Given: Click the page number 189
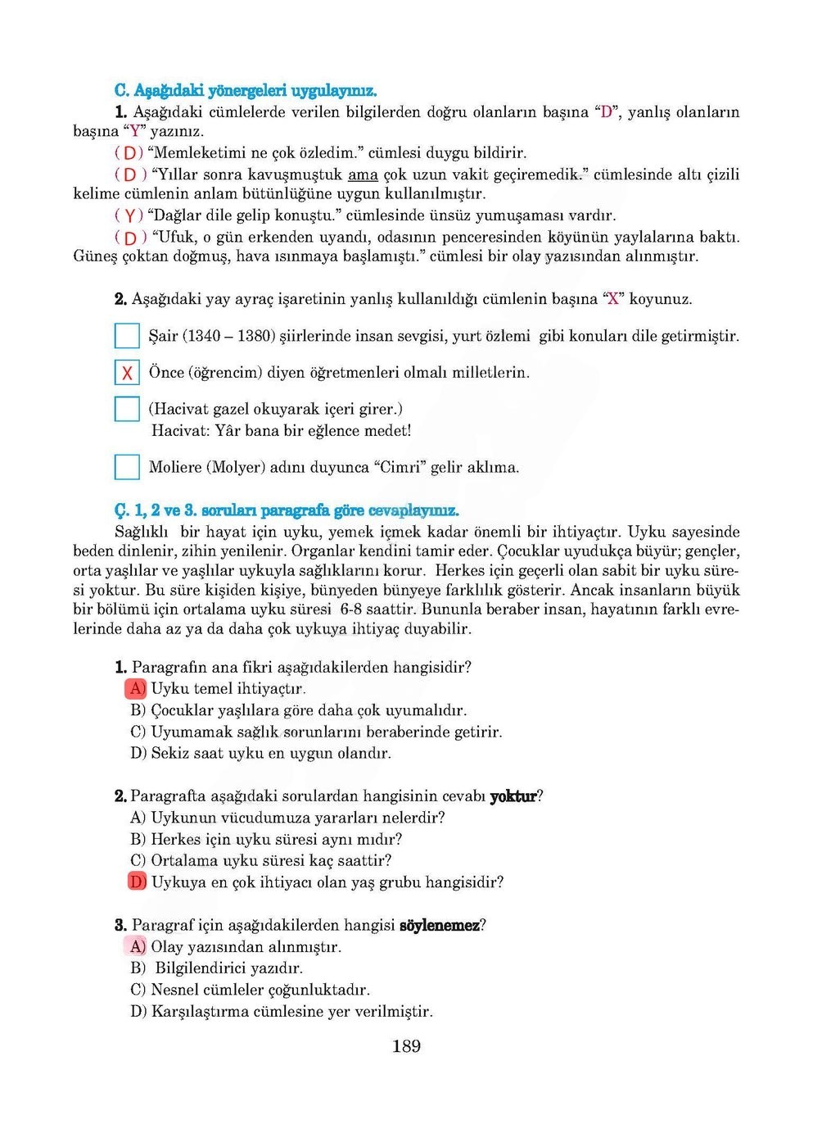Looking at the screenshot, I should tap(406, 1046).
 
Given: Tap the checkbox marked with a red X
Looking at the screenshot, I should tap(127, 373).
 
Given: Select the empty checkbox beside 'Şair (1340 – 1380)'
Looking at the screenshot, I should tap(127, 336).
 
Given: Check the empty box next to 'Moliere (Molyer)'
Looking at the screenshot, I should tap(127, 467).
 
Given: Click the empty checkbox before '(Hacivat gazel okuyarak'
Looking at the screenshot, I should tap(127, 409).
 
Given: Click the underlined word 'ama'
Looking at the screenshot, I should tap(363, 175).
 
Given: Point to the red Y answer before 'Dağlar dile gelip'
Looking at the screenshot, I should tap(129, 216).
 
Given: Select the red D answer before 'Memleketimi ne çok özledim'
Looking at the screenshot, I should tap(129, 153).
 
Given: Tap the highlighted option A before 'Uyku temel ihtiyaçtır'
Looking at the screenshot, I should tap(136, 689).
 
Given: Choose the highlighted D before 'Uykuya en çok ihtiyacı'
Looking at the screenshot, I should tap(137, 882).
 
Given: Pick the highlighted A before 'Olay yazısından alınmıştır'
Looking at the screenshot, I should tap(136, 947).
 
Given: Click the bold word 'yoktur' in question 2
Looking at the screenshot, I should tap(513, 796).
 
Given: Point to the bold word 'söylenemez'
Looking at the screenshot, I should tap(440, 926).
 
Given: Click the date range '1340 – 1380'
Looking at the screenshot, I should tap(229, 336).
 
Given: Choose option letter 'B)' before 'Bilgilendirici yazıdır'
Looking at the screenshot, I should tap(138, 968).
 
